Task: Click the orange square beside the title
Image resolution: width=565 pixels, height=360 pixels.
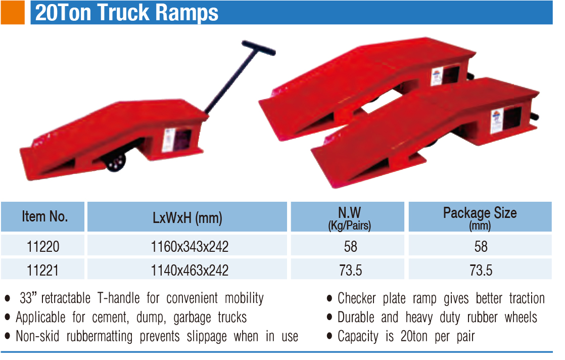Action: (13, 12)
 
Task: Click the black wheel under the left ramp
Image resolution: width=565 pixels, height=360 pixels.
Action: (116, 162)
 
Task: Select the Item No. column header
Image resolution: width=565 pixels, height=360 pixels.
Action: (43, 216)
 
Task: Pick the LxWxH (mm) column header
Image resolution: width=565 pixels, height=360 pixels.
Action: (187, 216)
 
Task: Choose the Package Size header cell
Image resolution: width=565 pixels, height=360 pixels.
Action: (480, 216)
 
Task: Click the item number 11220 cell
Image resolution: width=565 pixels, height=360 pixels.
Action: (43, 246)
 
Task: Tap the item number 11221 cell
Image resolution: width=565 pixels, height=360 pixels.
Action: (43, 270)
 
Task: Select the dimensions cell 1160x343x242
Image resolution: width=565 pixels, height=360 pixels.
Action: (190, 246)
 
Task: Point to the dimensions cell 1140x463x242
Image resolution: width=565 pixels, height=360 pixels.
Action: (190, 270)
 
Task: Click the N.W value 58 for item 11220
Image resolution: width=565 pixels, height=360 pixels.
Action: (350, 246)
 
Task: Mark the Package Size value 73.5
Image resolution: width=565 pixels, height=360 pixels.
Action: (481, 270)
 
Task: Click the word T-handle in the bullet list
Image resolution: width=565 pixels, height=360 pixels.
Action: (119, 298)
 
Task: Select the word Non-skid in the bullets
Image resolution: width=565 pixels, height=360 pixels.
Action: (37, 336)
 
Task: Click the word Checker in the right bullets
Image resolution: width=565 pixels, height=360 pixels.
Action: (357, 298)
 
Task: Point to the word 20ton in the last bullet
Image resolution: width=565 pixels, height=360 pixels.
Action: (414, 336)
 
